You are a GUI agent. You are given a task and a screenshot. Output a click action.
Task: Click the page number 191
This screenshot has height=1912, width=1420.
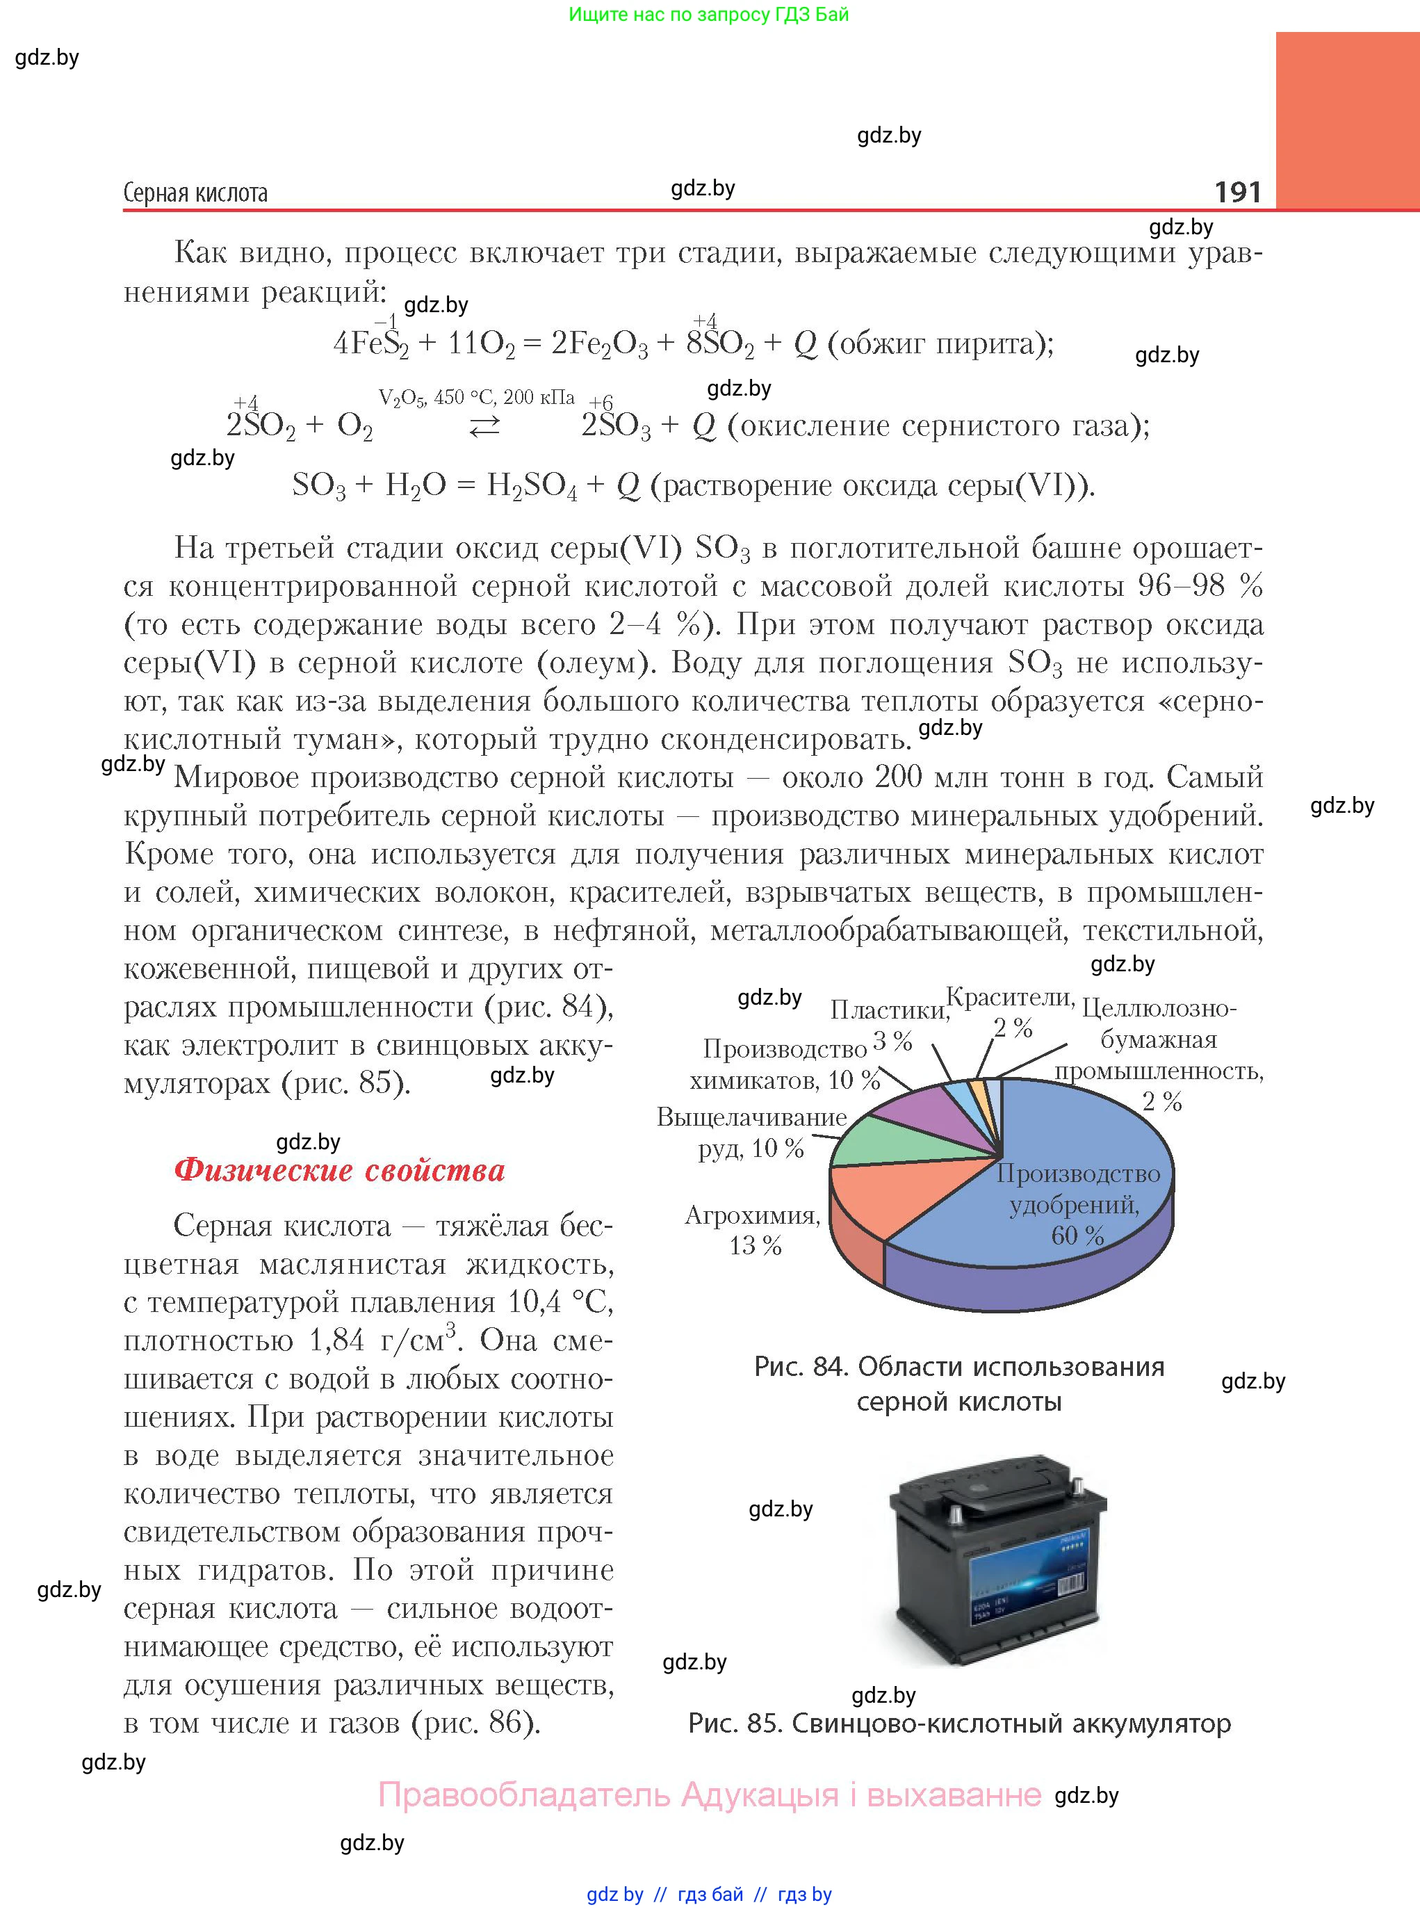[1237, 191]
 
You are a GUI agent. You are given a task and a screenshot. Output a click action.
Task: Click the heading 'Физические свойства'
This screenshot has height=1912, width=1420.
[339, 1170]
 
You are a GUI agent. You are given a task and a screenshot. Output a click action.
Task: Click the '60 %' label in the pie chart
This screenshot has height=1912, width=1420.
[1077, 1235]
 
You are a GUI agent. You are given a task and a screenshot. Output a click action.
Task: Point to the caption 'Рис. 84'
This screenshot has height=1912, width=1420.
[958, 1367]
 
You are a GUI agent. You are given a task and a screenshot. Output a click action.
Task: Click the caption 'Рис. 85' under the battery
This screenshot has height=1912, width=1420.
[959, 1723]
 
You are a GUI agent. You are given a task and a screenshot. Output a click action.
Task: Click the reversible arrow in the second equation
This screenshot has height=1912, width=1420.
[484, 426]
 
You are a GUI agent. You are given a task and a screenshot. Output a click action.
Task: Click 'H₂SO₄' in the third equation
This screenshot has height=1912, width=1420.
[532, 486]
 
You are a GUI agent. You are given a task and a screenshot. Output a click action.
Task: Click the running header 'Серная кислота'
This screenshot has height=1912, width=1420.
[195, 193]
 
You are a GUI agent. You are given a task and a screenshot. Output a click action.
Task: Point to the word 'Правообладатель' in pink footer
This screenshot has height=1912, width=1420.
[524, 1794]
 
